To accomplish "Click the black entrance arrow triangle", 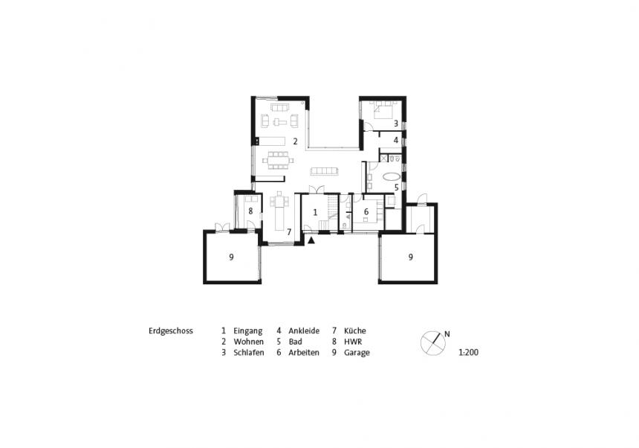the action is (312, 240).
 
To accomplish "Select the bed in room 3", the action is (383, 109).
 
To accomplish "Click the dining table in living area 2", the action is (278, 160).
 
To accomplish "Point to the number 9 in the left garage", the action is (231, 257).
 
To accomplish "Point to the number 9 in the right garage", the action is (411, 257).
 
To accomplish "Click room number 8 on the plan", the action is (250, 211).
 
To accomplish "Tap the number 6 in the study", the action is (366, 211).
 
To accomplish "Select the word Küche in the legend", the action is (355, 330).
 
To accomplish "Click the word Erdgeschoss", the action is (171, 331).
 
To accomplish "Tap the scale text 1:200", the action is (469, 353).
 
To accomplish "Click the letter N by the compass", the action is (447, 334).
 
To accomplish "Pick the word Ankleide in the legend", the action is (304, 330).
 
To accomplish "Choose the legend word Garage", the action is (357, 353).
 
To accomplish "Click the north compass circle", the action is (432, 343).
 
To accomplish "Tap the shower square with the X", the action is (384, 158).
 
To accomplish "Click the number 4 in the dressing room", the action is (396, 140).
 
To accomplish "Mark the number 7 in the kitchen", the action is (289, 231).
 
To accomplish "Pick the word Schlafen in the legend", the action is (249, 353).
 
